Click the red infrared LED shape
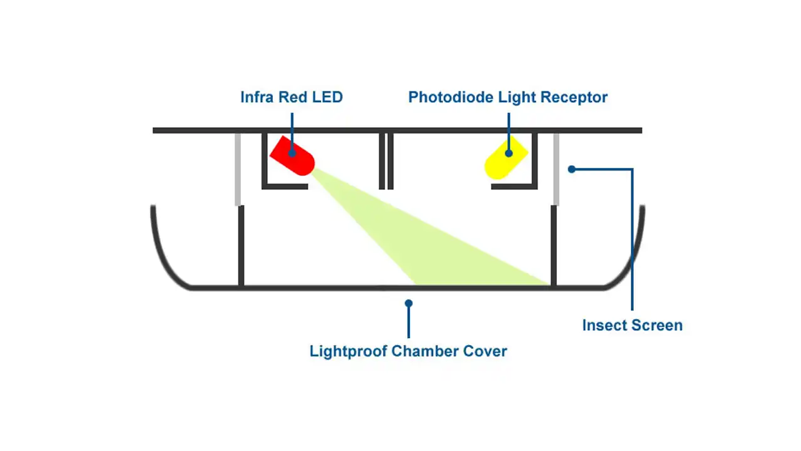point(293,156)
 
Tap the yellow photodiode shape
point(506,159)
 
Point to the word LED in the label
point(328,97)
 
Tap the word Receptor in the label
point(577,97)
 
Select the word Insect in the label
point(603,325)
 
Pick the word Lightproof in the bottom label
point(348,351)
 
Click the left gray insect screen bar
point(238,169)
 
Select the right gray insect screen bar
point(556,169)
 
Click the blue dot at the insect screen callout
point(571,169)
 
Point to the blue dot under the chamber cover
point(408,303)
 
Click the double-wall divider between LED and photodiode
point(386,160)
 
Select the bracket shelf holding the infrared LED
point(285,186)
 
